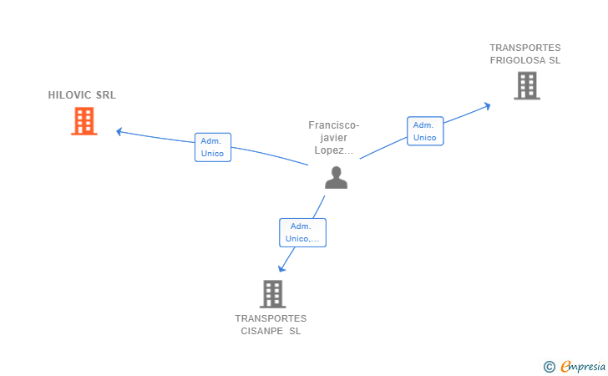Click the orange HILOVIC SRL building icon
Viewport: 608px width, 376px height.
point(84,121)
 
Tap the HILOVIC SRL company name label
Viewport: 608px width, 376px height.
point(82,95)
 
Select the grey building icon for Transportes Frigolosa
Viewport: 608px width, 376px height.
point(527,85)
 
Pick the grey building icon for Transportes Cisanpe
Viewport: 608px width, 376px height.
point(273,294)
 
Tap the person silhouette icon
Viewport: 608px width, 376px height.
point(337,178)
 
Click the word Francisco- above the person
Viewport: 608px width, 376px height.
point(334,125)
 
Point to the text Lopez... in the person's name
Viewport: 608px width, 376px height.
point(334,150)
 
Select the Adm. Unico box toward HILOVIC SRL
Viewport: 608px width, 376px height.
point(213,147)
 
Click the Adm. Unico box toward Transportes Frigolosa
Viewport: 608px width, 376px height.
point(425,131)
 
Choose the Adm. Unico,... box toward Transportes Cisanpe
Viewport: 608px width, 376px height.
point(302,232)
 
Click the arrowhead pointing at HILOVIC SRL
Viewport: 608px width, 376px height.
point(119,132)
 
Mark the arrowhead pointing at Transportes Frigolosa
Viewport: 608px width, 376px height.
point(488,105)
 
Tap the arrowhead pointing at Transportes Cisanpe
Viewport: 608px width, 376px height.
point(281,268)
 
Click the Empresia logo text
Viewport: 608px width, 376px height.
point(583,366)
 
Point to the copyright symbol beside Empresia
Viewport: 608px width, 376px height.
point(550,367)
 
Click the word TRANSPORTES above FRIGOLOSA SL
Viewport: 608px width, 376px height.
point(525,48)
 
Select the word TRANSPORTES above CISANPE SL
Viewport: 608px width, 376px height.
point(271,318)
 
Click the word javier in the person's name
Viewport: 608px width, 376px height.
point(333,138)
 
